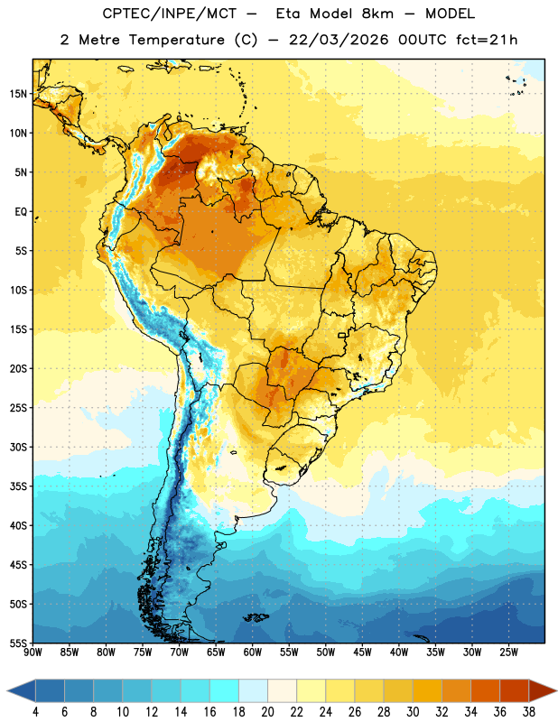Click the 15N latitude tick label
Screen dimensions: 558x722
click(18, 94)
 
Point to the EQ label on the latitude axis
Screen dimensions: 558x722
click(21, 212)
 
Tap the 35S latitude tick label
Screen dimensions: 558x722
click(18, 486)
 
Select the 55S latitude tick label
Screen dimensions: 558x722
click(18, 643)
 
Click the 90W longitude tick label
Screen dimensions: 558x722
click(33, 653)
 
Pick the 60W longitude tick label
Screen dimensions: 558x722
click(253, 653)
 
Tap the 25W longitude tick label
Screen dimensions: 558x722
click(508, 653)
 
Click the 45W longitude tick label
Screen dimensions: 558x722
click(363, 653)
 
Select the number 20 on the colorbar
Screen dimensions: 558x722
click(267, 712)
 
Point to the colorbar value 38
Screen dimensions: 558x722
click(529, 712)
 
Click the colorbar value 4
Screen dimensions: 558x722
click(35, 712)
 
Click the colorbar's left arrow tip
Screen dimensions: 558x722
click(7, 690)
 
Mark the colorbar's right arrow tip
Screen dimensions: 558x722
click(557, 690)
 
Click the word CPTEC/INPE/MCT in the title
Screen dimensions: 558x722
click(169, 14)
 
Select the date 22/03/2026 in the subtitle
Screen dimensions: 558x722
click(339, 40)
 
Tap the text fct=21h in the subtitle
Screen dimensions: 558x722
click(487, 40)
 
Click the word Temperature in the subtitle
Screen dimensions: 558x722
click(176, 40)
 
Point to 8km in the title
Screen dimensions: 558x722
click(377, 14)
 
